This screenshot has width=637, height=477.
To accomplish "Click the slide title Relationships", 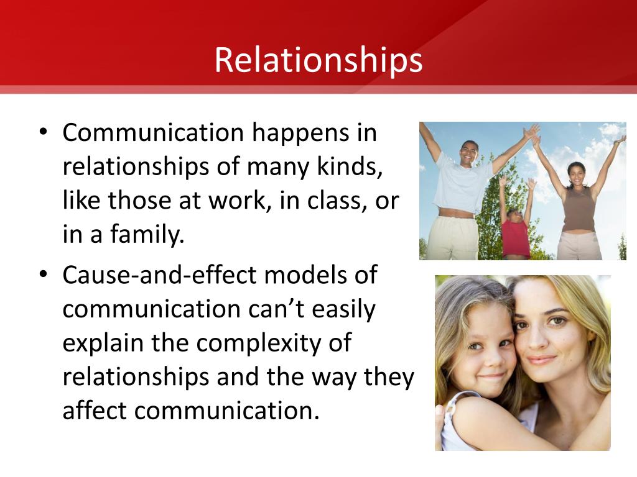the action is [x=318, y=60].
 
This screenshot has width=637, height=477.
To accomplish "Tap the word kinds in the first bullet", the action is [x=350, y=166].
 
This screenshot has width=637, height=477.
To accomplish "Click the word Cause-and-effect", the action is [x=160, y=275].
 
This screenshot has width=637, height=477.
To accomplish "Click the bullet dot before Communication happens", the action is [x=44, y=132].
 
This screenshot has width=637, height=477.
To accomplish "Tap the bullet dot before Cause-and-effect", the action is [x=44, y=274].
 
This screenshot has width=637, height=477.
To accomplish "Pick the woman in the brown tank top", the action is [x=579, y=203].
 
